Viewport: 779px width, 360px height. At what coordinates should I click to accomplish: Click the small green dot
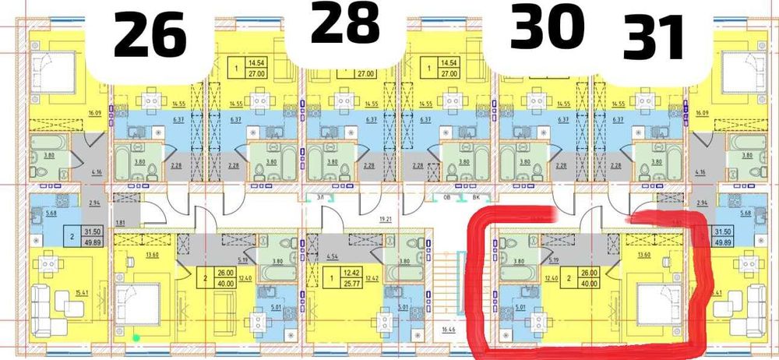(136, 337)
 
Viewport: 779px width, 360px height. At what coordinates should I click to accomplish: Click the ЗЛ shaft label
(320, 199)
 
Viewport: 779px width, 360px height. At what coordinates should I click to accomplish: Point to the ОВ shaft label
(447, 199)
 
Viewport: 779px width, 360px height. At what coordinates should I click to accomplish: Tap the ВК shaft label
(466, 199)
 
